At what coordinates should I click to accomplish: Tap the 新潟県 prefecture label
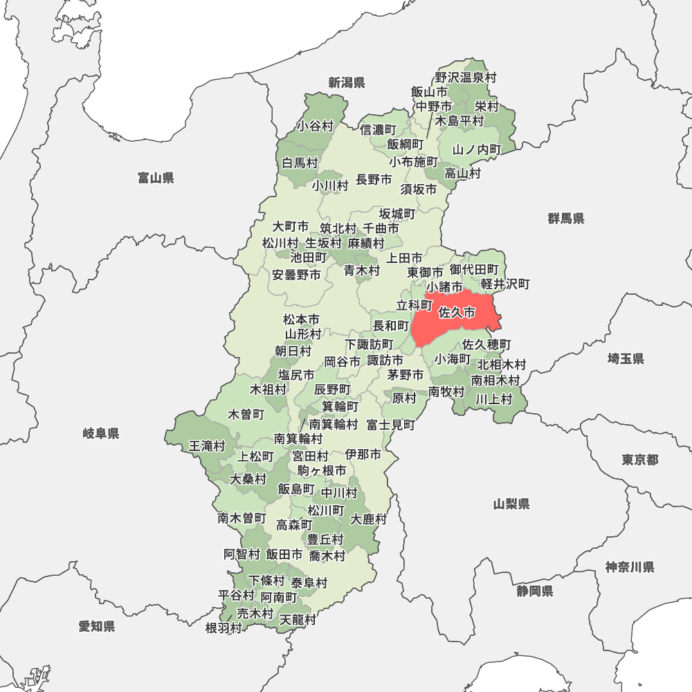pos(347,83)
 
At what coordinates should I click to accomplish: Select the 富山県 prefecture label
pos(156,179)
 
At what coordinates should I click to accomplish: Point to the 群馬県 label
pos(566,219)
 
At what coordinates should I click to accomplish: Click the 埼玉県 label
pos(626,358)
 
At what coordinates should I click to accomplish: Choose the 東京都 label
pos(639,460)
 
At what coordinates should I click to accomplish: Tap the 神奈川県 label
pos(630,567)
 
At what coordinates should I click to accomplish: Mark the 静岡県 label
pos(534,591)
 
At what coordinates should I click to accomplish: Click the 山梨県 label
pos(512,504)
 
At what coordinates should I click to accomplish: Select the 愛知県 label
pos(97,626)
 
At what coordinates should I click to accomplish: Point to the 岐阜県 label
pos(101,434)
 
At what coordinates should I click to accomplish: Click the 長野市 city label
pos(374,180)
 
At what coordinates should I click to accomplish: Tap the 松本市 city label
pos(302,320)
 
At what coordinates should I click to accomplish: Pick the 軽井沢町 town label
pos(505,284)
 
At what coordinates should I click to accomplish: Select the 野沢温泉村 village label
pos(466,78)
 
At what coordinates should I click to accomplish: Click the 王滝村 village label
pos(208,446)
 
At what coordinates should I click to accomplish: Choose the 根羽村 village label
pos(224,628)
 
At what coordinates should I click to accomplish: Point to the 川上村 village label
pos(493,399)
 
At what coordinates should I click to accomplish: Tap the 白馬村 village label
pos(300,163)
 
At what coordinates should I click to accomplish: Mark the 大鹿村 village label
pos(368,519)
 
